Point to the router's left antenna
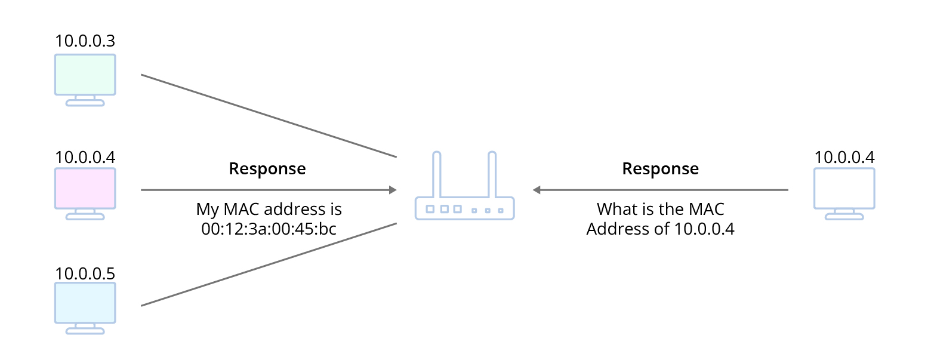pyautogui.click(x=436, y=174)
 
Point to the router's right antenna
pyautogui.click(x=492, y=174)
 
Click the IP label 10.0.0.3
pyautogui.click(x=85, y=41)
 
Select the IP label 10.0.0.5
pyautogui.click(x=85, y=273)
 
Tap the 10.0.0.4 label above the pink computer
pyautogui.click(x=85, y=157)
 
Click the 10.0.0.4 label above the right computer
pyautogui.click(x=844, y=157)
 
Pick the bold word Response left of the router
pyautogui.click(x=267, y=169)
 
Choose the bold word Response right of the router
pyautogui.click(x=661, y=169)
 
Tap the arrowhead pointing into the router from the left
pyautogui.click(x=393, y=190)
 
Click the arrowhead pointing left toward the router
pyautogui.click(x=537, y=190)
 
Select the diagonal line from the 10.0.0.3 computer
pyautogui.click(x=269, y=116)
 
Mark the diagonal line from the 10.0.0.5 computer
pyautogui.click(x=269, y=264)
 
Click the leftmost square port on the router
pyautogui.click(x=430, y=209)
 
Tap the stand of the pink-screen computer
pyautogui.click(x=85, y=214)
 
